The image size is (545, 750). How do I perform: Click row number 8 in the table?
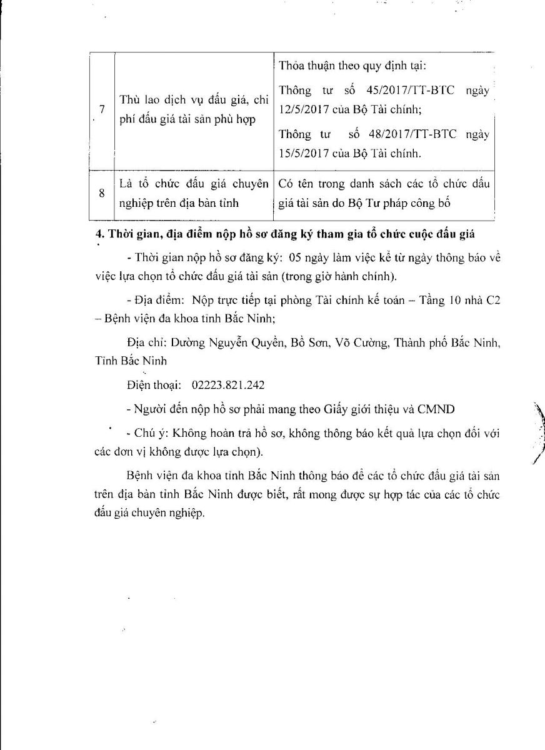click(101, 194)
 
